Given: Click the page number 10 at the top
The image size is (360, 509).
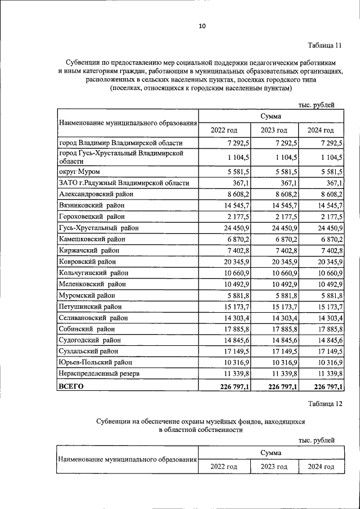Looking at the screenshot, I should click(x=202, y=25).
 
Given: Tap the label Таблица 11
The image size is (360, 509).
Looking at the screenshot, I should click(x=325, y=46).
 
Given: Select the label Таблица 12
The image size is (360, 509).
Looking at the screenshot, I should click(x=325, y=403).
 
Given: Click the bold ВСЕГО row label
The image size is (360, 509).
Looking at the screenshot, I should click(x=71, y=386).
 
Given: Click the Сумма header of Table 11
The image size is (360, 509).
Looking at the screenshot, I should click(x=271, y=115).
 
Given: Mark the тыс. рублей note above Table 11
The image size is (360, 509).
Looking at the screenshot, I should click(x=316, y=104).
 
